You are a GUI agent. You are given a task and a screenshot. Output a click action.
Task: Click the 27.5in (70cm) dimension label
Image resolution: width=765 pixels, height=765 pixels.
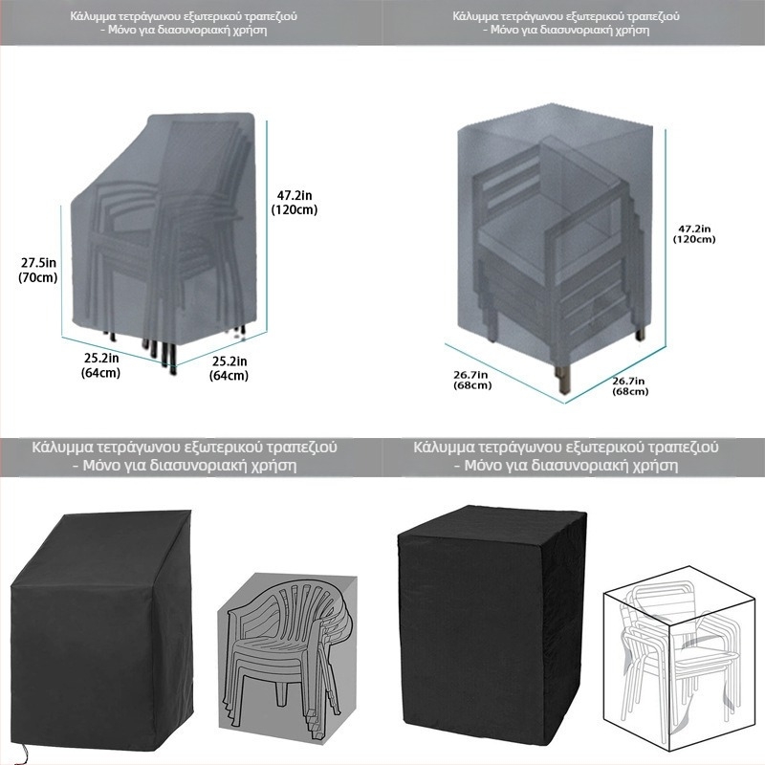[38, 270]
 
